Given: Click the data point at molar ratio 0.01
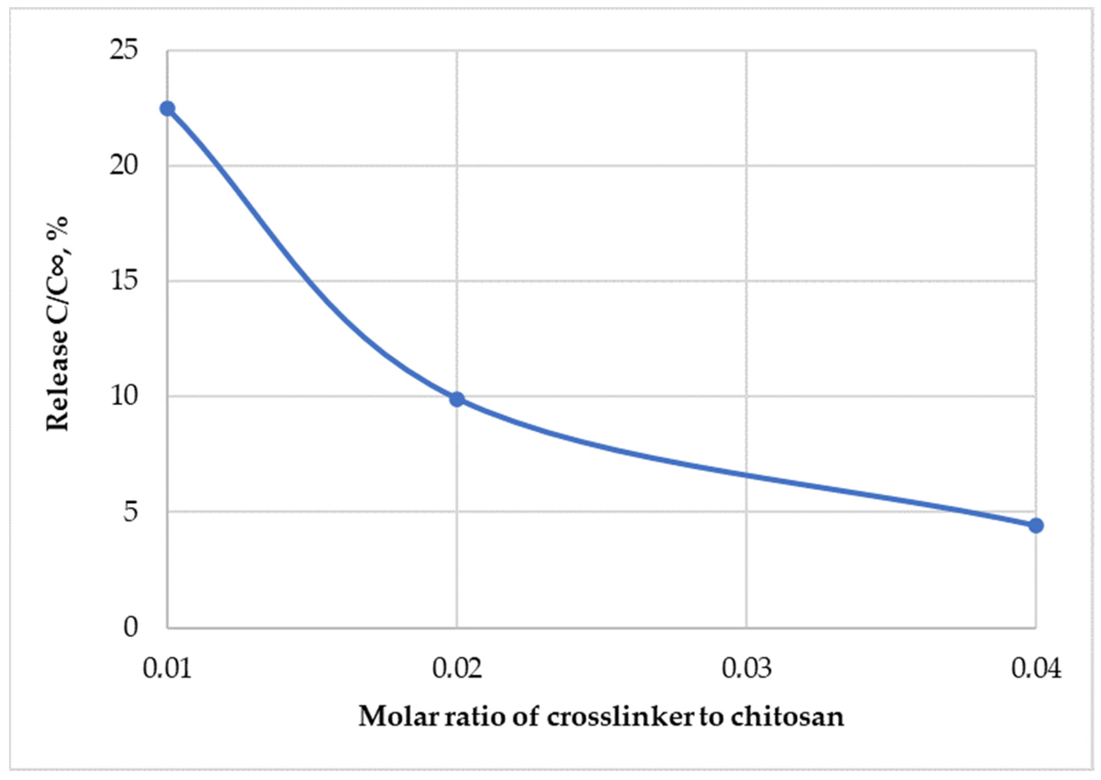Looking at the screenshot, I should coord(167,109).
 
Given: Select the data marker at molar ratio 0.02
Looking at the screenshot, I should coord(457,399).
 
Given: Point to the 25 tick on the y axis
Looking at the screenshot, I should coord(124,50).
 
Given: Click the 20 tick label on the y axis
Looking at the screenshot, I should coord(124,165).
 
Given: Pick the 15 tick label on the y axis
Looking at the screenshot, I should coord(124,280).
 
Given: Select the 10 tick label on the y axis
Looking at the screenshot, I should coord(124,396).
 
